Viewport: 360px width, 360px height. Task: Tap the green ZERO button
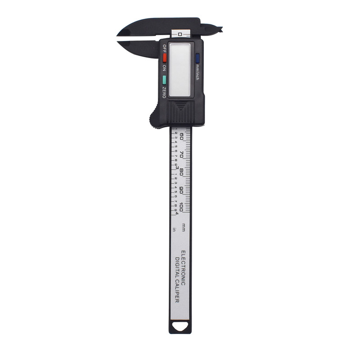[x=165, y=80]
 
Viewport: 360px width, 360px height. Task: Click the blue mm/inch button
[x=198, y=57]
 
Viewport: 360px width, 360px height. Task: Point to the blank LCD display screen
[x=180, y=69]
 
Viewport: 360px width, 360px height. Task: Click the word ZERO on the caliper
[x=164, y=91]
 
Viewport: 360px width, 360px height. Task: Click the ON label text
[x=164, y=68]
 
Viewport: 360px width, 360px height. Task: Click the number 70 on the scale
[x=181, y=153]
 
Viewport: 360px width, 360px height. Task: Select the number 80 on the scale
[x=181, y=171]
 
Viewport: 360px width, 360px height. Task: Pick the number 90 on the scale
[x=181, y=189]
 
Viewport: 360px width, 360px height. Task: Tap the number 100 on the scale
[x=181, y=207]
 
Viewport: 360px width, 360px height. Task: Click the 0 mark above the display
[x=180, y=34]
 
